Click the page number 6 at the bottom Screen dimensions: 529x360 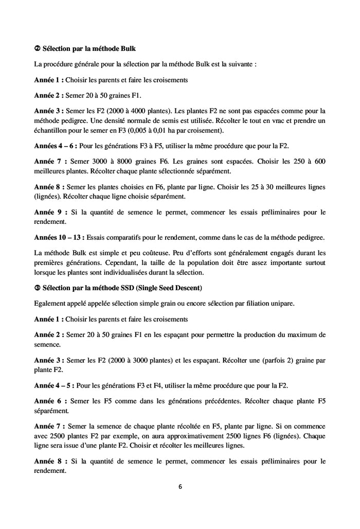180,487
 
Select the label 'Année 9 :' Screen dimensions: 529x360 48,211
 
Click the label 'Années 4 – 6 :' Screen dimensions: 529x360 56,146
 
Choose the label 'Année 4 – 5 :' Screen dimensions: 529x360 55,386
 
